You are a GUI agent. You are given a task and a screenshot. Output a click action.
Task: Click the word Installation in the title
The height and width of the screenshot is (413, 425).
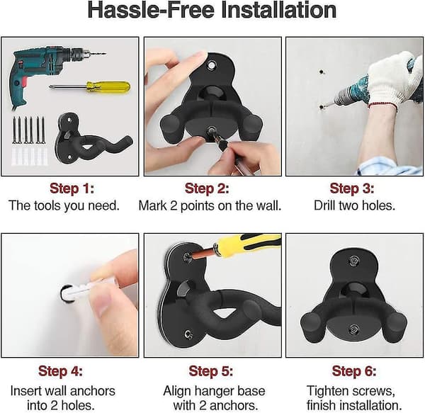click(279, 10)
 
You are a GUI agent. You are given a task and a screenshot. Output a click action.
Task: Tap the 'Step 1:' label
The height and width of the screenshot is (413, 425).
click(72, 188)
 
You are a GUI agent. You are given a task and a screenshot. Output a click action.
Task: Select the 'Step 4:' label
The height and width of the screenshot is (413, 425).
click(60, 370)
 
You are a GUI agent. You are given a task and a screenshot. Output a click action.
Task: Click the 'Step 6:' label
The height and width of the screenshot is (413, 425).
click(354, 370)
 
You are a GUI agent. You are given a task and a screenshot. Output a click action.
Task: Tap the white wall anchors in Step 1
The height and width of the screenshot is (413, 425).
click(29, 156)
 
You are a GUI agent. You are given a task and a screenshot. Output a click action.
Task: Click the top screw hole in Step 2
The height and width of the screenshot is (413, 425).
click(211, 65)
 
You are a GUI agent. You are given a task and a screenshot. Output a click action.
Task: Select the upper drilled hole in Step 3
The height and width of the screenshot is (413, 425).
click(322, 72)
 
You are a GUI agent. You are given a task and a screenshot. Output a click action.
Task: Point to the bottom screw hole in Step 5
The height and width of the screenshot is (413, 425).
click(188, 334)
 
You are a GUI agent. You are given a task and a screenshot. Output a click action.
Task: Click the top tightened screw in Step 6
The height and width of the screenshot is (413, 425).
click(353, 261)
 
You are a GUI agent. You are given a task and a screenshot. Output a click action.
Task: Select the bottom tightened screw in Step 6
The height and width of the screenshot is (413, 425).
click(353, 329)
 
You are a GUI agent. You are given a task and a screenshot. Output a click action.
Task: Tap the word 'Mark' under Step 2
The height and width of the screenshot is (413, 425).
click(152, 205)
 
